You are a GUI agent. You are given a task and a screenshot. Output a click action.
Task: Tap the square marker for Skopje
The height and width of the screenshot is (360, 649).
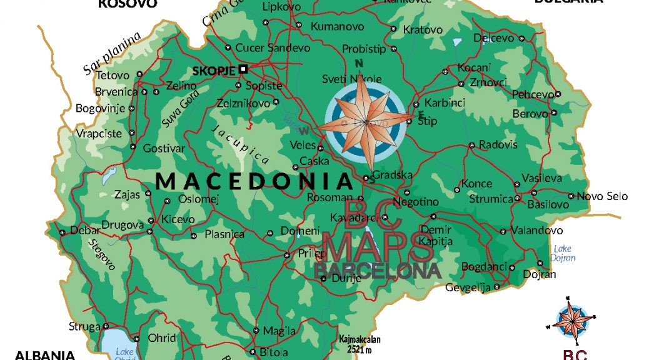[244, 69]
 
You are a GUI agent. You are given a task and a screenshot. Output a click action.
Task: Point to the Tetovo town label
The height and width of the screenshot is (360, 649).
[113, 75]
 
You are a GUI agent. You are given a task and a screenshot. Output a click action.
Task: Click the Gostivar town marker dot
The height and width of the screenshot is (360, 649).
[133, 147]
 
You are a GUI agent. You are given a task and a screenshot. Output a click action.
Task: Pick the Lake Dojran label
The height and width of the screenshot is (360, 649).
[563, 253]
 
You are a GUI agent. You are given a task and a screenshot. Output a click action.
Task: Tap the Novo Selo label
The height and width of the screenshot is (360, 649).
[601, 196]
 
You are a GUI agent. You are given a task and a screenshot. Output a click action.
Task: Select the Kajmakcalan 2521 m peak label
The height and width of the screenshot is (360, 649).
[360, 342]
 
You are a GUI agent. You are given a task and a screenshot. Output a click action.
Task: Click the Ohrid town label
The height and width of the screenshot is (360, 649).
[162, 337]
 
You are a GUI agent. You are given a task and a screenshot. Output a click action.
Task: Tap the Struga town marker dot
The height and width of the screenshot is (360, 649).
[106, 326]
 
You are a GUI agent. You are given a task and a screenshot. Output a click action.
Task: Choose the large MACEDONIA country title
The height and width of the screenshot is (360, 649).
[254, 181]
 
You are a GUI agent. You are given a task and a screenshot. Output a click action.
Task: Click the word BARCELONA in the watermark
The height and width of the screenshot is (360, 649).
[378, 271]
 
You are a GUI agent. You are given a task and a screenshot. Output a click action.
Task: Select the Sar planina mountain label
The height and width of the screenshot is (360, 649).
[113, 54]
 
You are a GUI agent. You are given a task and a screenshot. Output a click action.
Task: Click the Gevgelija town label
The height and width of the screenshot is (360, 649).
[468, 287]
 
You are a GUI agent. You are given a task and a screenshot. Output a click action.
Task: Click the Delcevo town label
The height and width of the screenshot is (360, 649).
[493, 38]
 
